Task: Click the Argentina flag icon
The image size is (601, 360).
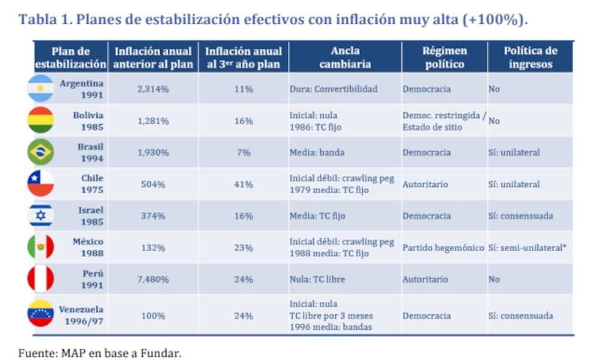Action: click(41, 89)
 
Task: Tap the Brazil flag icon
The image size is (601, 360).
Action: click(41, 153)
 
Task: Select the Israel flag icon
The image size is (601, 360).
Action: click(41, 216)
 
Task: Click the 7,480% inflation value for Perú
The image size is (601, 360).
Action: click(153, 280)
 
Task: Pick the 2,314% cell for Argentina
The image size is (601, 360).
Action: click(153, 89)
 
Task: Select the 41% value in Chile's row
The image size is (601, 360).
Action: click(243, 184)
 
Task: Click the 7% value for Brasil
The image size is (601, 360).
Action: click(243, 153)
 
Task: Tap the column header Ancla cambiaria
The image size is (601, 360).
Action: click(344, 58)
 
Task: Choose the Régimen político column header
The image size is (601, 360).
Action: click(443, 58)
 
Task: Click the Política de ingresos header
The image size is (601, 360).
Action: click(530, 58)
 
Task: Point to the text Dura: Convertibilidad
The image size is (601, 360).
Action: click(334, 89)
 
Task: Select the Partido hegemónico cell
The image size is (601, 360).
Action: click(443, 248)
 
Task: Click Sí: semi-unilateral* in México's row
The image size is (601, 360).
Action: click(529, 248)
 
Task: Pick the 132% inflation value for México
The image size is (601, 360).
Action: click(153, 248)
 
